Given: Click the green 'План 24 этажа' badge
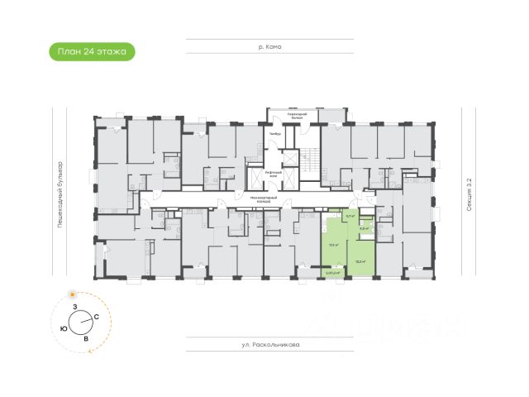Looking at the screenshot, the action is pos(92,51).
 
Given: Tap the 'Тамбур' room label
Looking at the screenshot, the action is pos(275,134).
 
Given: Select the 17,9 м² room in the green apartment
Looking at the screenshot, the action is pos(335,245).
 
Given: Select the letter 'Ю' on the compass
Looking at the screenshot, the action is pos(64,328).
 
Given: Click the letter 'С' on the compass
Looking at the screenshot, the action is pos(97,317).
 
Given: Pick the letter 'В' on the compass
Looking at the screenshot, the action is pos(86,338).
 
